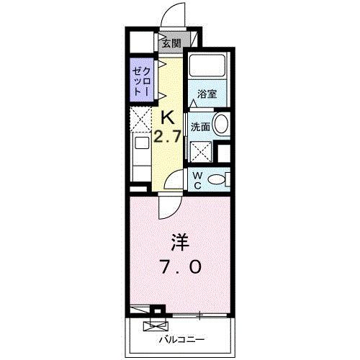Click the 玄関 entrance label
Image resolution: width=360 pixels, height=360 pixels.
(171, 43)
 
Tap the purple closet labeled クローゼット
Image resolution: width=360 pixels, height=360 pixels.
(140, 82)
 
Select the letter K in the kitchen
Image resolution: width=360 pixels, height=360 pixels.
(168, 117)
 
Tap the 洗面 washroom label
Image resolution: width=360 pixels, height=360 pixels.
(201, 127)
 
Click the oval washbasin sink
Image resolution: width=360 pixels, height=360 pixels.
(222, 124)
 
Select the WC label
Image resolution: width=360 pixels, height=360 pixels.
(197, 180)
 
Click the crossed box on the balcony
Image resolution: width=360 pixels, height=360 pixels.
(155, 326)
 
